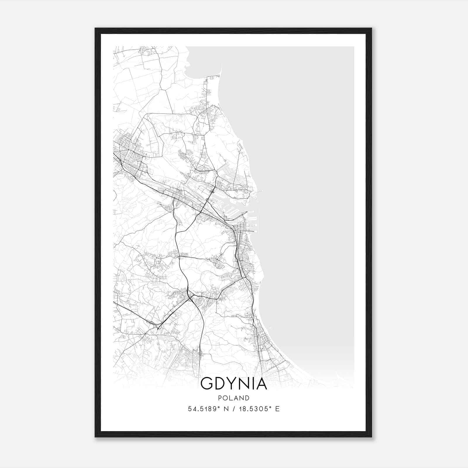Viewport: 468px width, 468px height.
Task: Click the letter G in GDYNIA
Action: click(x=207, y=384)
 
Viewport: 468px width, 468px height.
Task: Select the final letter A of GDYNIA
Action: click(x=261, y=384)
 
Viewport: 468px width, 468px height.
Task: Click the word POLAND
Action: click(x=234, y=398)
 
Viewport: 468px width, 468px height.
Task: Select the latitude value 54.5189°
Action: click(x=204, y=409)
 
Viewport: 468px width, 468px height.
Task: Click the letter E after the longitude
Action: click(x=277, y=409)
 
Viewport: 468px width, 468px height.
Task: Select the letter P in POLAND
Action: click(x=219, y=398)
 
